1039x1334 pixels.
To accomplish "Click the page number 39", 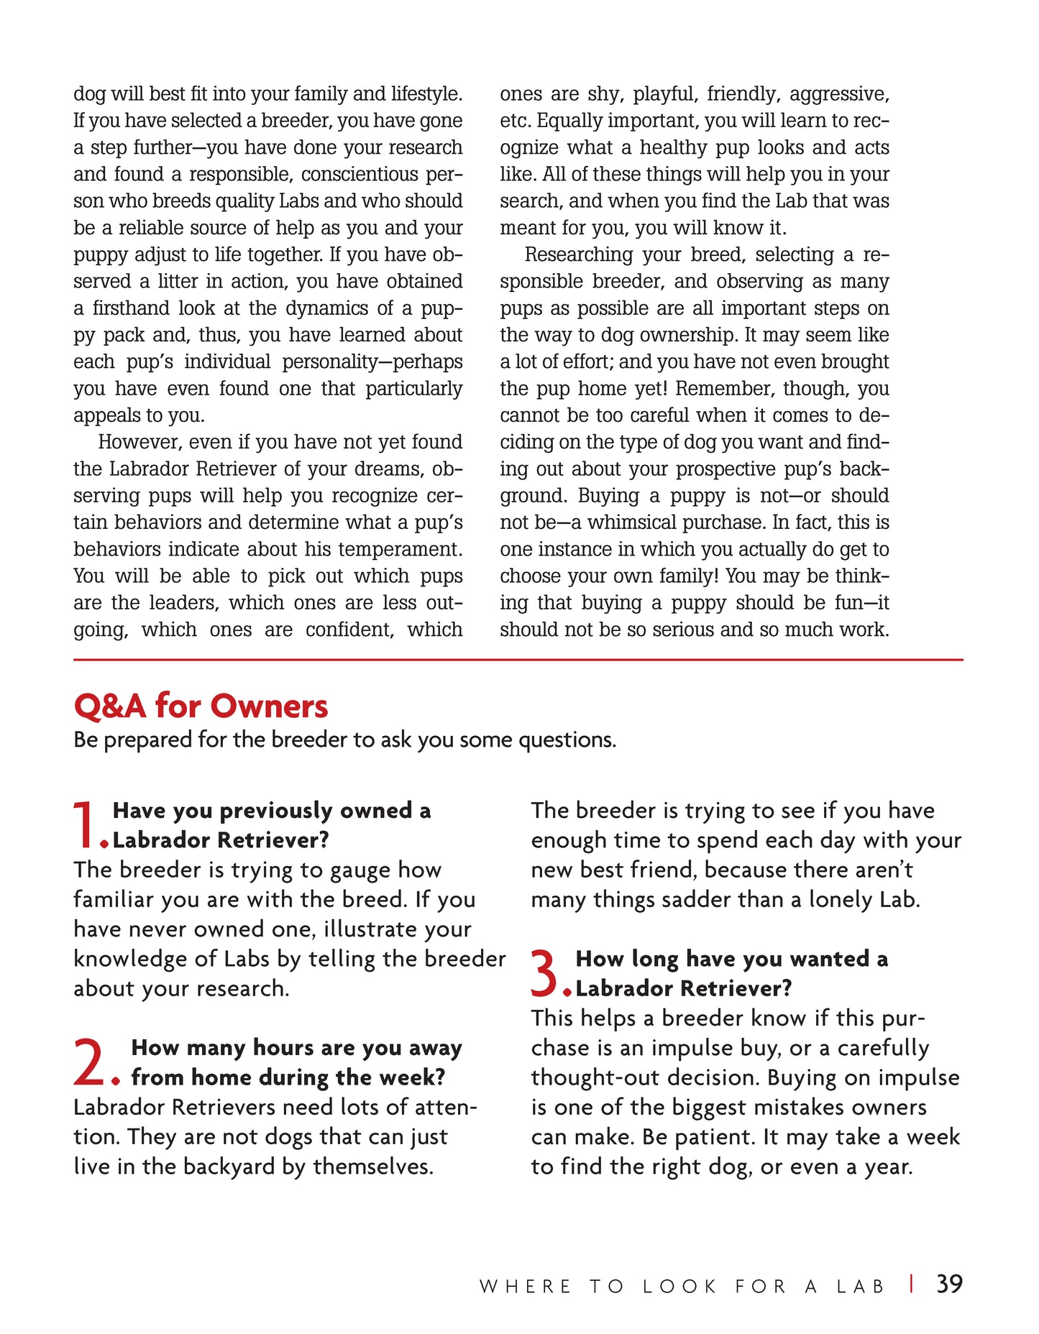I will click(949, 1284).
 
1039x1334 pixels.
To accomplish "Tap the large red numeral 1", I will click(86, 825).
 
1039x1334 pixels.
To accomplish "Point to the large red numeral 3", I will click(544, 973).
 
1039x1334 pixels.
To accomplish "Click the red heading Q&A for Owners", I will click(201, 707).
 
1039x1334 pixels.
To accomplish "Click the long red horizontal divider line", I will click(518, 659).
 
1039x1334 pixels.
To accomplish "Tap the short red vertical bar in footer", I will click(912, 1284).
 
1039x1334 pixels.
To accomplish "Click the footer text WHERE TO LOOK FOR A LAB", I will click(682, 1287).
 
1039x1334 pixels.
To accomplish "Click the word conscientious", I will click(366, 175).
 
